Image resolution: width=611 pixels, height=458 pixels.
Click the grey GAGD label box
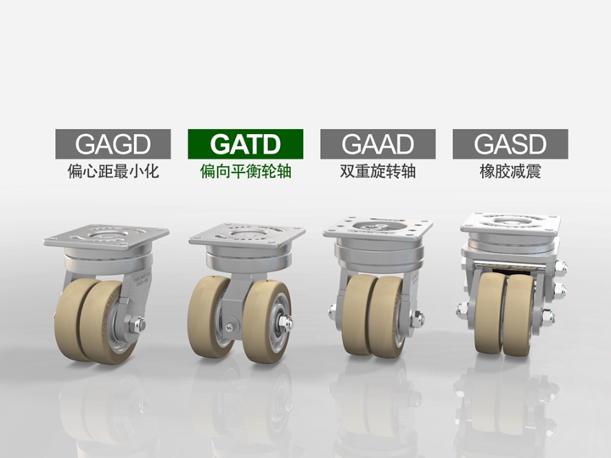click(x=113, y=144)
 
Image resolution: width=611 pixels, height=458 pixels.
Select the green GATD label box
click(x=245, y=144)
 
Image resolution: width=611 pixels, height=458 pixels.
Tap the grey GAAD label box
click(x=378, y=144)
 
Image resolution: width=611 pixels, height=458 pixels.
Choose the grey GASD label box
click(x=511, y=144)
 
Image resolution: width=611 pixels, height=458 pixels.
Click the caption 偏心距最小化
click(x=113, y=171)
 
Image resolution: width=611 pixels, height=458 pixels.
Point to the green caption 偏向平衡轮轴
click(x=245, y=171)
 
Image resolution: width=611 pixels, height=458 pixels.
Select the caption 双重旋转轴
click(x=378, y=171)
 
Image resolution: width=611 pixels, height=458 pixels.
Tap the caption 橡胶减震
click(x=511, y=171)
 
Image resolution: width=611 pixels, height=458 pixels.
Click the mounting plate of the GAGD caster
click(x=106, y=237)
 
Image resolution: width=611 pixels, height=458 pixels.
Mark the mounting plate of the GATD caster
click(x=247, y=236)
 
